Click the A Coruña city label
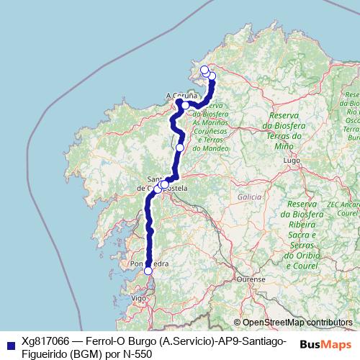pos(180,94)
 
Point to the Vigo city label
pos(140,297)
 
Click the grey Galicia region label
pos(246,196)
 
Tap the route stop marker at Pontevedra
pos(148,271)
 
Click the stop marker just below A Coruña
pos(186,105)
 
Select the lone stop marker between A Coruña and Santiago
pos(180,148)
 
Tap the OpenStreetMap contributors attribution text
pos(297,323)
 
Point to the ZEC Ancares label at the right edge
pos(345,204)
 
